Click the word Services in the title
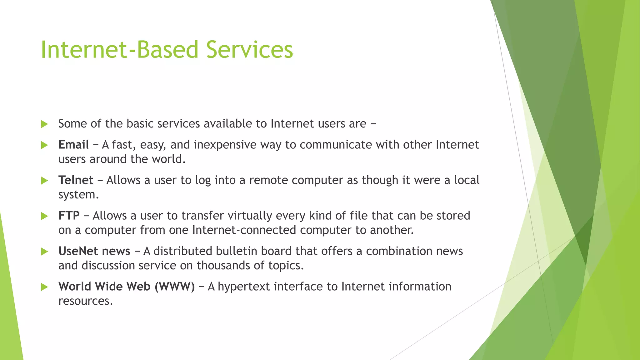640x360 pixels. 249,50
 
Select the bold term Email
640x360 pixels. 73,145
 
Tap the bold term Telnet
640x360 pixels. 76,180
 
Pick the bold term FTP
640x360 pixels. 69,216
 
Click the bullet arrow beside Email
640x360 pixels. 44,145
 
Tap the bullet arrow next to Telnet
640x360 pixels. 44,181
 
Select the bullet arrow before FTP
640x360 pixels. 44,216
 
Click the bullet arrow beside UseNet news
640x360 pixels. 44,252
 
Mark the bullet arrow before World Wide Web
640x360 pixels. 44,287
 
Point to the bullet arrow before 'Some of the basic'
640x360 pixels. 44,124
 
